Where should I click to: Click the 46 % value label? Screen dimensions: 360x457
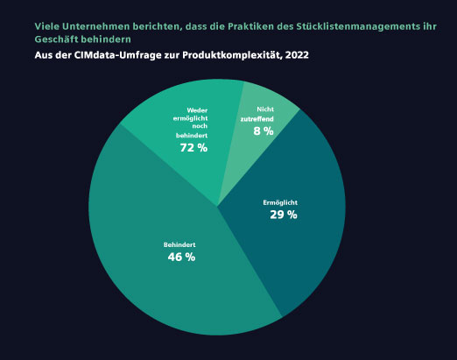(181, 258)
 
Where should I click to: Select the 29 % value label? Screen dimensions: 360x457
(284, 215)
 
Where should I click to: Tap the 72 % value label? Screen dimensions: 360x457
(193, 148)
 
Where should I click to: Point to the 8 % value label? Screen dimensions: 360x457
(264, 131)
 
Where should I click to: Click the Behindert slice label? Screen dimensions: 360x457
(180, 244)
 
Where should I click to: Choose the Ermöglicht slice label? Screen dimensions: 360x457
(280, 202)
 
